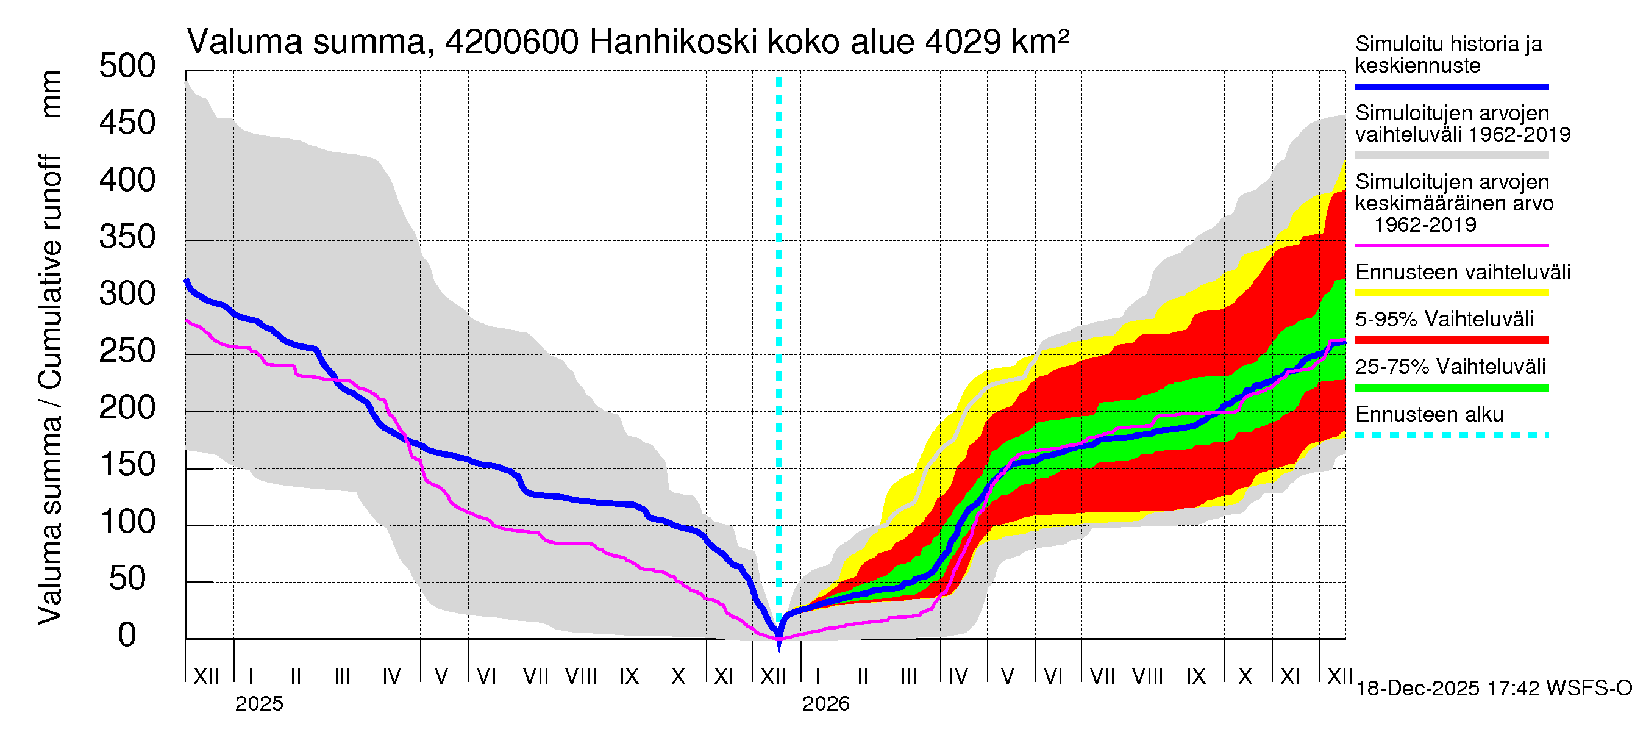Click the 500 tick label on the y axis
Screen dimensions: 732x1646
click(127, 66)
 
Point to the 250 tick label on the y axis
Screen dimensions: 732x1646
click(127, 351)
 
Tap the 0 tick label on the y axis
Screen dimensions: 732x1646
click(127, 636)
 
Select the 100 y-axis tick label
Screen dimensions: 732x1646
click(127, 522)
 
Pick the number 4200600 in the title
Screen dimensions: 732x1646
click(512, 43)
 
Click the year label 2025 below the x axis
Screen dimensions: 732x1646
click(258, 704)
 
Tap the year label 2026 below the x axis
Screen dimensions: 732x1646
click(825, 704)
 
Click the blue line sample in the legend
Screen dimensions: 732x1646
click(1451, 86)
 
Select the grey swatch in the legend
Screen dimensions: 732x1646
click(1451, 156)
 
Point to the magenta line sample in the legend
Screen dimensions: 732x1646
click(1451, 245)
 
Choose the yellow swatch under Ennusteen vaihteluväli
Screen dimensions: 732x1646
click(1451, 293)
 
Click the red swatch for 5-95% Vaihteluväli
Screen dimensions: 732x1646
click(1451, 340)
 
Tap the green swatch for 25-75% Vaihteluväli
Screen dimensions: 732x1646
click(1451, 387)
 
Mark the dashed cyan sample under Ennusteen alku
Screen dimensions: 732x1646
click(1451, 436)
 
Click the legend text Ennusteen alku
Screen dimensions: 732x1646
click(1429, 414)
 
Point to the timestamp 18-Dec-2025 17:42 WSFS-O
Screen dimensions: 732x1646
click(1493, 689)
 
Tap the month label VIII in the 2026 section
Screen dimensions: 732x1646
click(1147, 676)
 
